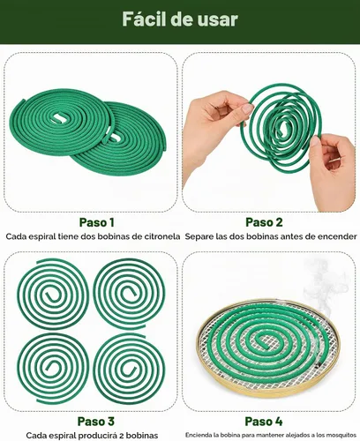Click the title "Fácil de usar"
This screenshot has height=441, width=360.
(x=180, y=19)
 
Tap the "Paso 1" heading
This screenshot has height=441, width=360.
(x=96, y=222)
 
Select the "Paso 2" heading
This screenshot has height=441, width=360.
(x=264, y=222)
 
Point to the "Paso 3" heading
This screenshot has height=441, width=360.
(x=95, y=421)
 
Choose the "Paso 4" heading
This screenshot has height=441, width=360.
(x=264, y=421)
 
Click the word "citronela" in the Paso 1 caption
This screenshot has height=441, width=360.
(x=162, y=236)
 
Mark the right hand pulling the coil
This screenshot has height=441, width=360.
(x=333, y=170)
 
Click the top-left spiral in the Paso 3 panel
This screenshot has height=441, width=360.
(x=53, y=294)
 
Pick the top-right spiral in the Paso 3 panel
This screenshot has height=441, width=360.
(x=129, y=294)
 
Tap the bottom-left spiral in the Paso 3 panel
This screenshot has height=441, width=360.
(x=53, y=369)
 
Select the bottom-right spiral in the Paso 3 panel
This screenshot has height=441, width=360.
(x=129, y=369)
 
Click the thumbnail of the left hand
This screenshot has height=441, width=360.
(x=246, y=108)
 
